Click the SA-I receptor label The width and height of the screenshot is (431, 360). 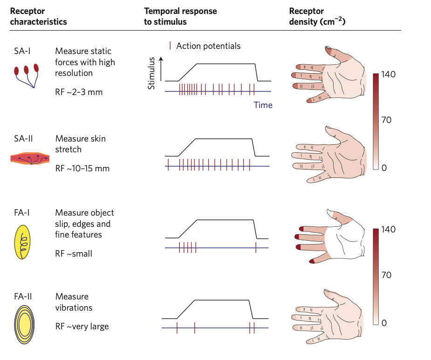pyautogui.click(x=22, y=51)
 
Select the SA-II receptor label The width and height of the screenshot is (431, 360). pyautogui.click(x=24, y=138)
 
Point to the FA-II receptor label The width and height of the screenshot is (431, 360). pyautogui.click(x=23, y=296)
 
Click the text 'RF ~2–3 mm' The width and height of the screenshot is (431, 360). pyautogui.click(x=79, y=92)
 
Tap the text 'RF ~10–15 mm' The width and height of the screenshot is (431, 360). pyautogui.click(x=82, y=168)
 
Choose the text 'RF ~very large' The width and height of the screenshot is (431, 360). pyautogui.click(x=82, y=326)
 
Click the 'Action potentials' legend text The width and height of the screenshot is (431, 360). pyautogui.click(x=208, y=46)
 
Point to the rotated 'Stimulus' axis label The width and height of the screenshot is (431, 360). pyautogui.click(x=151, y=74)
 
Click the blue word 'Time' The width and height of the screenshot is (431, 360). pyautogui.click(x=263, y=105)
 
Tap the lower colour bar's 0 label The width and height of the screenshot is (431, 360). pyautogui.click(x=384, y=322)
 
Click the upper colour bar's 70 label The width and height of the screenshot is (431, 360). pyautogui.click(x=386, y=120)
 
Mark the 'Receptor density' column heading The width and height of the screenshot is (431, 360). pyautogui.click(x=317, y=16)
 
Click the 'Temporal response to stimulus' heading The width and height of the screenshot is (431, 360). pyautogui.click(x=180, y=16)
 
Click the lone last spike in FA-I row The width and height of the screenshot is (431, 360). pyautogui.click(x=256, y=247)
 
